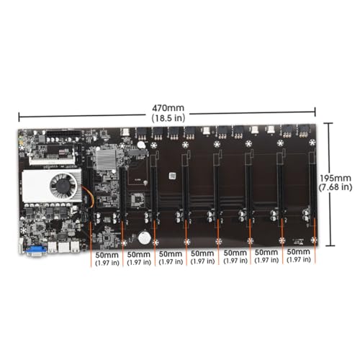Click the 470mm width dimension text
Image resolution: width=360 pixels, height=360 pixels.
coord(168,108)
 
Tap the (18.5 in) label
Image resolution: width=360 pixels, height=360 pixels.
coord(168,118)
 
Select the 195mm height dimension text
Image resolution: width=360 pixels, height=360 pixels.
coord(336,178)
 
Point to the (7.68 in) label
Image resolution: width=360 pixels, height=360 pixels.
coord(336,187)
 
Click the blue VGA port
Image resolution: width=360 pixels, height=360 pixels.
coord(36,251)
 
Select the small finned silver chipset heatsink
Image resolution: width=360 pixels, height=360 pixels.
coord(106,159)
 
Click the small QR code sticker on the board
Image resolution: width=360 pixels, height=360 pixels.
coord(172,176)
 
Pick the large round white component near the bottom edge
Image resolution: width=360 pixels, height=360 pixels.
coord(145,238)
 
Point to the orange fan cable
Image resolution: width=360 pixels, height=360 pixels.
coord(90,197)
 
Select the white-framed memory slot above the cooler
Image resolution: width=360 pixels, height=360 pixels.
coord(52,156)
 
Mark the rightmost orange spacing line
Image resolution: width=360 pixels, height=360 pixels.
coord(315,240)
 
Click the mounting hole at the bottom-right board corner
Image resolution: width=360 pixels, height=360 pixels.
coord(313,240)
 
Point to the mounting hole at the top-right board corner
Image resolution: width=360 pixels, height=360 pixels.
coord(312,143)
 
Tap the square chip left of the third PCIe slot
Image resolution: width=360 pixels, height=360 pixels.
coord(138,199)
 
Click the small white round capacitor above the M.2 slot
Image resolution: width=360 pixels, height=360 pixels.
coord(141,145)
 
